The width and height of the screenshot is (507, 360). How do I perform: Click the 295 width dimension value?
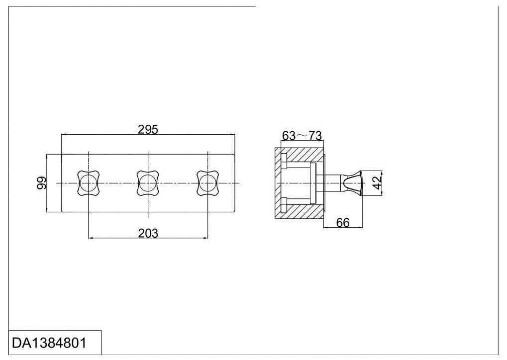pyautogui.click(x=148, y=129)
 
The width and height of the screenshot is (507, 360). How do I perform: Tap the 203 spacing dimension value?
pyautogui.click(x=148, y=233)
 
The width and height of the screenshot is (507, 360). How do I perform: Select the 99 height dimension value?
pyautogui.click(x=42, y=183)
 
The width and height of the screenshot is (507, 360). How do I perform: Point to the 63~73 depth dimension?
pyautogui.click(x=302, y=136)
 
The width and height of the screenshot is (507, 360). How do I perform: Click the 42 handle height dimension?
pyautogui.click(x=377, y=183)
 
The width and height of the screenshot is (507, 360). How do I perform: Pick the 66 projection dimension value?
pyautogui.click(x=343, y=223)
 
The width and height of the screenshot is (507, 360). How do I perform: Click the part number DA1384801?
pyautogui.click(x=49, y=343)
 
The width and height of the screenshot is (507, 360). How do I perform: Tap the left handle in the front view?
pyautogui.click(x=89, y=183)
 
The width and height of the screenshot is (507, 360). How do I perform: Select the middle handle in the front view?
pyautogui.click(x=148, y=183)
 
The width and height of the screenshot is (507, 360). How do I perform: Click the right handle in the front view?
pyautogui.click(x=207, y=183)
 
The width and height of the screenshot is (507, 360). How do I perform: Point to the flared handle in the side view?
pyautogui.click(x=353, y=183)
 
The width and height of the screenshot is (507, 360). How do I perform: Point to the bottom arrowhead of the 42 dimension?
pyautogui.click(x=382, y=193)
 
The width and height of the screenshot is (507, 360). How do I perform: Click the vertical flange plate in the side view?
pyautogui.click(x=312, y=183)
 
